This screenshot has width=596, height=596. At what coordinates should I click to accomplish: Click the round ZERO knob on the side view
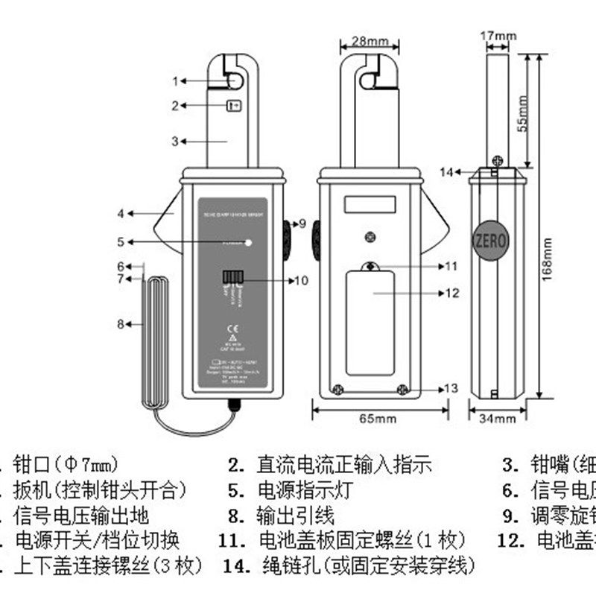coord(489,241)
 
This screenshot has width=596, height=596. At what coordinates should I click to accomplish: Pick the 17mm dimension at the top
coord(498,35)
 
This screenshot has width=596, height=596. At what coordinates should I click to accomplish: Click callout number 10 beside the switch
coord(300,281)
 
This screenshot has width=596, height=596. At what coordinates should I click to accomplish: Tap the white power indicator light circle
coord(248,241)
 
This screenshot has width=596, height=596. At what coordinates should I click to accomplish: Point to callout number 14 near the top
coord(446,172)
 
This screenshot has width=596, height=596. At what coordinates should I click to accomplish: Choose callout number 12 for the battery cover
coord(452,294)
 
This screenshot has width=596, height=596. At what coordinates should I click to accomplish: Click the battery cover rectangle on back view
coord(370,323)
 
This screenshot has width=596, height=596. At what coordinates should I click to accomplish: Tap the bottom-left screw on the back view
coord(337,387)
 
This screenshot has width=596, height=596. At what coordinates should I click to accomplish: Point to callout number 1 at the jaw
coord(177,81)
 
